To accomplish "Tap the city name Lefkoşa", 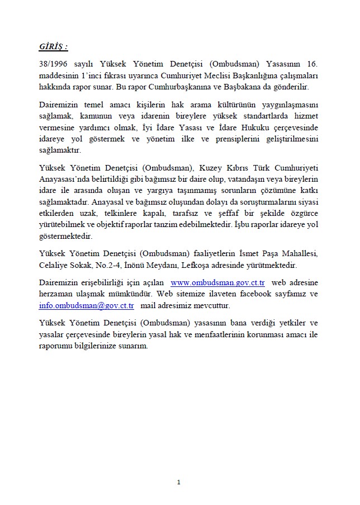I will point(206,265).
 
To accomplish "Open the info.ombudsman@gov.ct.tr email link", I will point(87,305).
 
